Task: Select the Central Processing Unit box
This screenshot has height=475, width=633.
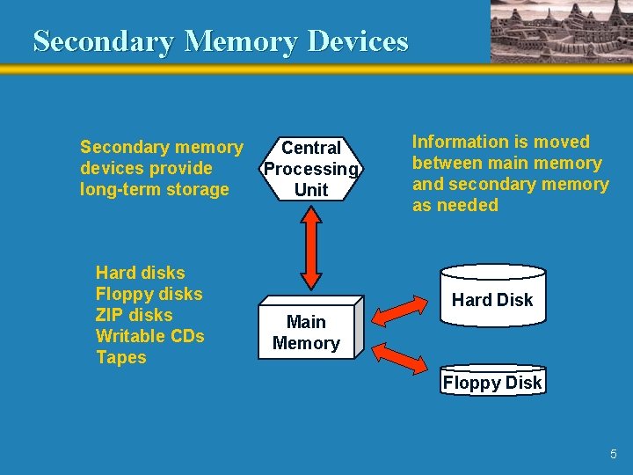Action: point(310,168)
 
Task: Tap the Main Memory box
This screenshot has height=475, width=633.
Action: point(306,332)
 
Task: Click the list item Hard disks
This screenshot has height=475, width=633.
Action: point(140,273)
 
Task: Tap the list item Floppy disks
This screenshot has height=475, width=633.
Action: point(149,294)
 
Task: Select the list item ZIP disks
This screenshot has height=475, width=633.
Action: point(134,315)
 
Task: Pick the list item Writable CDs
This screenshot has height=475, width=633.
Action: point(149,336)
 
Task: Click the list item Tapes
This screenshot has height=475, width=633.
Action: point(120,357)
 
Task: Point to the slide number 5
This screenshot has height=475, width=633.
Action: point(614,454)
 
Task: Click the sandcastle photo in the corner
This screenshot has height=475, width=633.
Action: point(560,31)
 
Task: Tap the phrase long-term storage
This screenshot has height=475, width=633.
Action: point(154,189)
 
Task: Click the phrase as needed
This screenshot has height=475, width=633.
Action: point(455,205)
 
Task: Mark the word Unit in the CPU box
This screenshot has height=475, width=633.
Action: point(311,189)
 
